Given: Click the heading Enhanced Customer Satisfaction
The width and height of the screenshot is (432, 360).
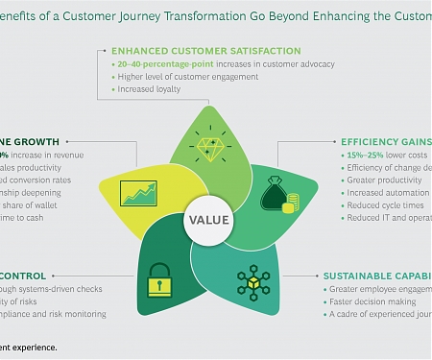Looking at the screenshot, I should (205, 50).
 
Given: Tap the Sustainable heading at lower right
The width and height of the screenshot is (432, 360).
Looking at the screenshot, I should (374, 274).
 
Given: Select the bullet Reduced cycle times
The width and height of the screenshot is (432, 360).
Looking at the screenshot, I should (372, 204).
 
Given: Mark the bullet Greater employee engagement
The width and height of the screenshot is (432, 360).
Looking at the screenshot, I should (380, 288).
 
